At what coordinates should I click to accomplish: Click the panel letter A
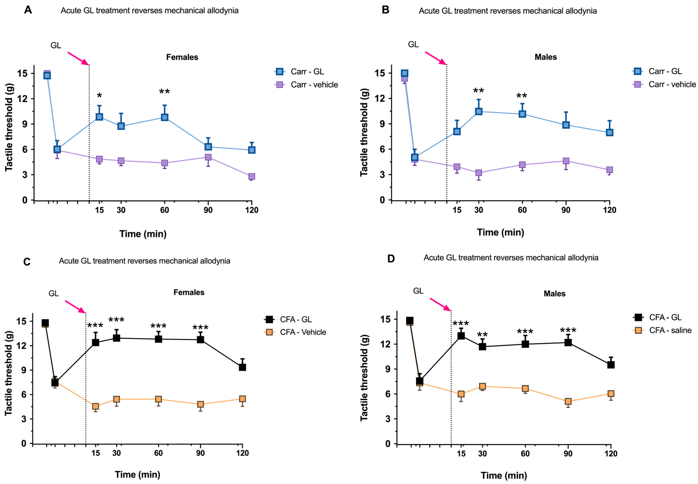(28, 10)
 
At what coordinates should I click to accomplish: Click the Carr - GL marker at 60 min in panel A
(164, 117)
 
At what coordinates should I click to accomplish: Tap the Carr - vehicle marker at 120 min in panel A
(252, 176)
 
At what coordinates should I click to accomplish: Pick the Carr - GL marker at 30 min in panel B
(479, 111)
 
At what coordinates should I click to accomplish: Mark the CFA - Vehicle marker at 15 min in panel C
(96, 406)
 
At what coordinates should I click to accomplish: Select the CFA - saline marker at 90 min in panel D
(568, 401)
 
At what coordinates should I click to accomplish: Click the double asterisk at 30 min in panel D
(482, 335)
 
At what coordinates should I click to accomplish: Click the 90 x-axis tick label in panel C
(200, 453)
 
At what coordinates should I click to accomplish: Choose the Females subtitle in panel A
(182, 57)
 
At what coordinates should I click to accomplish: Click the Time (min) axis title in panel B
(500, 232)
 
